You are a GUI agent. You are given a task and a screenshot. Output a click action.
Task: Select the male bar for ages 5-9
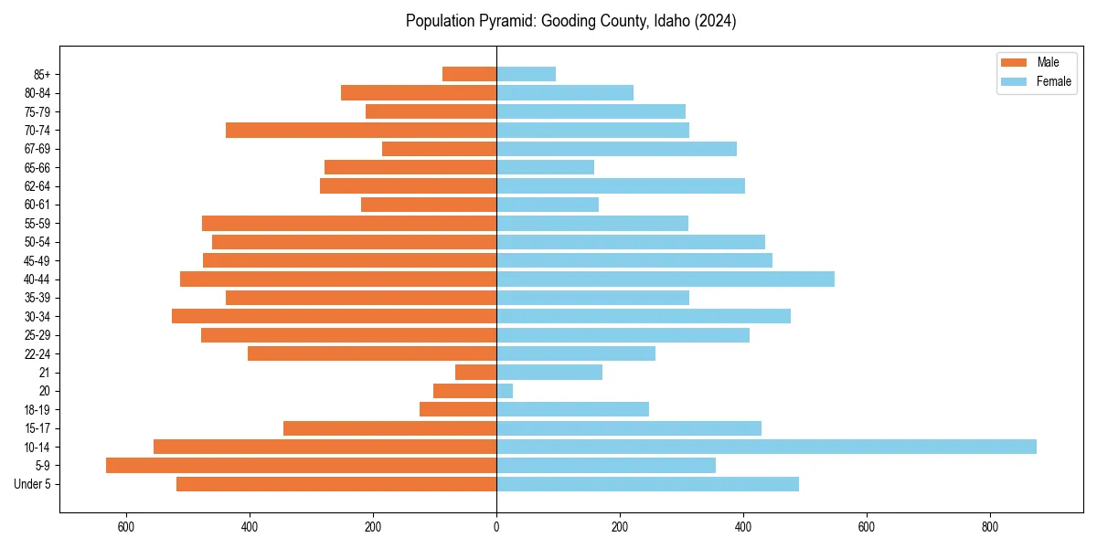pos(301,465)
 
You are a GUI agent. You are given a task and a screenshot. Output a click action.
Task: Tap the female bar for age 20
pos(505,391)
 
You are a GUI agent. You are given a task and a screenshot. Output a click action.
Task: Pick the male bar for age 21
pos(475,372)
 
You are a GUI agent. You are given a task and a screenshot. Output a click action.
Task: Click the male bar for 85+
pos(469,74)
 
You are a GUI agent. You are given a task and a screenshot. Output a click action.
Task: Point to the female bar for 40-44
pos(665,279)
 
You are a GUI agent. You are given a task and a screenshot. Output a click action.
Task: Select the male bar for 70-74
pos(361,130)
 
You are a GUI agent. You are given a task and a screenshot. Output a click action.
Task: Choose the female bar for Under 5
pos(647,484)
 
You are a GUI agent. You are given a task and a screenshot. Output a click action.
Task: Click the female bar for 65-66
pos(545,167)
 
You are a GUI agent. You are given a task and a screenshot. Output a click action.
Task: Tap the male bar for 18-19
pos(458,409)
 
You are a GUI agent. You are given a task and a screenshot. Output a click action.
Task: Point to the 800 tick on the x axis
pos(989,527)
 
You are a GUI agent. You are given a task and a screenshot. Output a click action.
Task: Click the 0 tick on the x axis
pos(496,527)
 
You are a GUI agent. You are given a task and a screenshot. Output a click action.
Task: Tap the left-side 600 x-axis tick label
pos(126,527)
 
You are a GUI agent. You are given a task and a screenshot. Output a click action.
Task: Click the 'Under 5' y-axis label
pos(32,484)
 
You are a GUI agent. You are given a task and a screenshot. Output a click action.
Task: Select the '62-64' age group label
pos(37,185)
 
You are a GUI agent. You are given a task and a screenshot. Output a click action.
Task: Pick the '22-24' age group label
pos(37,353)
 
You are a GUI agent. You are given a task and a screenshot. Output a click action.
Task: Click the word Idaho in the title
pos(672,21)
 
